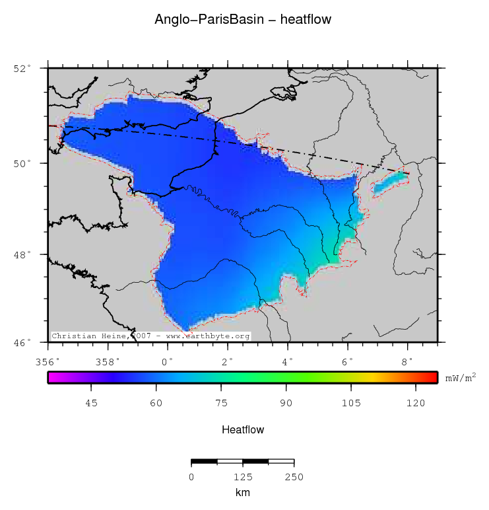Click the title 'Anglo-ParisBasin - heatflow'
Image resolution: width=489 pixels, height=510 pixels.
tap(243, 20)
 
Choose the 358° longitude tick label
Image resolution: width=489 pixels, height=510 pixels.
tap(108, 361)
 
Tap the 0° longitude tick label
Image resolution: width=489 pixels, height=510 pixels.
tap(168, 361)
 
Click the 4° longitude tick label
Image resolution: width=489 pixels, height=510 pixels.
tap(288, 361)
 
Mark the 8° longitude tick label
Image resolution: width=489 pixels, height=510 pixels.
tap(407, 361)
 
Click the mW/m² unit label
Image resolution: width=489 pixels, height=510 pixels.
tap(461, 379)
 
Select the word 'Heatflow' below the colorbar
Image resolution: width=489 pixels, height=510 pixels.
tap(243, 430)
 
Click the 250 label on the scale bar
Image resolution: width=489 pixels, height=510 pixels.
tap(294, 477)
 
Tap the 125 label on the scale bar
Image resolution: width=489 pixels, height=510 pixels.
tap(243, 477)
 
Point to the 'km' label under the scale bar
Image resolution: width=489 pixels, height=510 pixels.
tap(243, 492)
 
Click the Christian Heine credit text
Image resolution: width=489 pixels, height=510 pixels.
tap(151, 336)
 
